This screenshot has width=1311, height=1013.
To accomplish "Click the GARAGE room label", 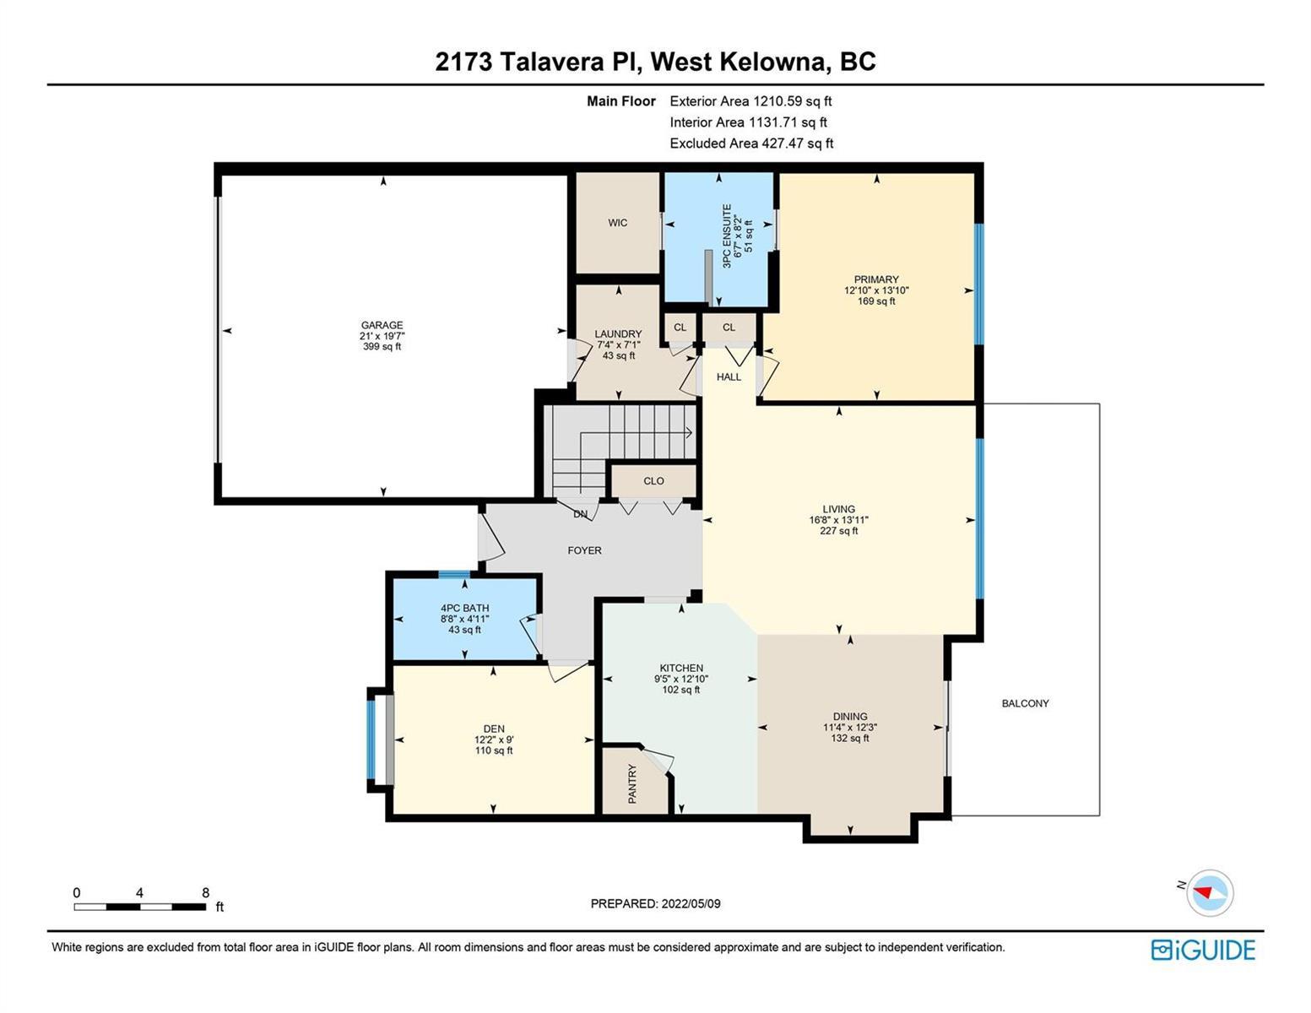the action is click(x=382, y=325).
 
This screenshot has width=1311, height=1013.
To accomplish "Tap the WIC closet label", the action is click(x=617, y=223).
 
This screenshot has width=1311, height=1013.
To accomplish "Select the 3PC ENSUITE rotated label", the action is click(x=726, y=236).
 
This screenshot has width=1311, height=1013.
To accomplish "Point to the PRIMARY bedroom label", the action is click(x=876, y=279).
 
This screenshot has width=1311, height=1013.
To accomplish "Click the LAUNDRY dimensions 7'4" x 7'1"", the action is click(x=619, y=345).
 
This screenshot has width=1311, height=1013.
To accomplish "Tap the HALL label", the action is click(x=729, y=377).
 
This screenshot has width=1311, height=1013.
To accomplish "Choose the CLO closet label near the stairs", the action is click(x=653, y=481).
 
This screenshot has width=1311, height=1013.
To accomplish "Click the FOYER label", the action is click(x=584, y=550).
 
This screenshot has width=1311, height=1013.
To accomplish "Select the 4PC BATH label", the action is click(x=464, y=608).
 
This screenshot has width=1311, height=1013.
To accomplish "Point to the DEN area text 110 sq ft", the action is click(x=494, y=750).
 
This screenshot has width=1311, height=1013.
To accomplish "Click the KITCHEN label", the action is click(x=681, y=668).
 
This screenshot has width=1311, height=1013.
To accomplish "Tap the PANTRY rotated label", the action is click(x=632, y=783).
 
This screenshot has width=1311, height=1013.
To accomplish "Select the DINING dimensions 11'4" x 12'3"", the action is click(x=850, y=728).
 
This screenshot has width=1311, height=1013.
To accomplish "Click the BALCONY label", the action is click(x=1025, y=703).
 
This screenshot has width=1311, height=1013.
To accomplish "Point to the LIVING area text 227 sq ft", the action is click(x=838, y=531).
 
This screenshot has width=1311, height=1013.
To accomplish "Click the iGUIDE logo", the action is click(x=1203, y=950).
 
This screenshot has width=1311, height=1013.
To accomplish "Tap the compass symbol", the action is click(x=1210, y=892).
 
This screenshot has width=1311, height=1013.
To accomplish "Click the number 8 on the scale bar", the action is click(x=206, y=893).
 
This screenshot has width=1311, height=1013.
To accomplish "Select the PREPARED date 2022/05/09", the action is click(x=691, y=904).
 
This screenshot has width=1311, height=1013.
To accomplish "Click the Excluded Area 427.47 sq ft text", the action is click(x=751, y=144).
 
